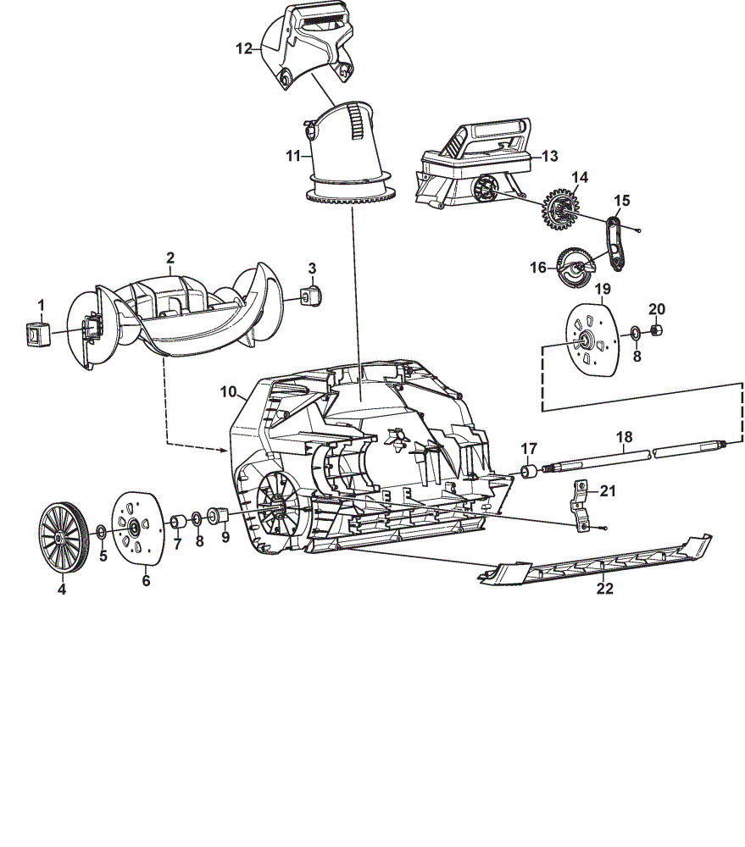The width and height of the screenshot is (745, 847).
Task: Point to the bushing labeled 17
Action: [x=528, y=470]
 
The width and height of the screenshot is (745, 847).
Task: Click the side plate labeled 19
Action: [x=592, y=340]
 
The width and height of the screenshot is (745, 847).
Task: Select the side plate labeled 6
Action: [x=137, y=529]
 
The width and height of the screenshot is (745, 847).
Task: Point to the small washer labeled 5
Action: [x=101, y=533]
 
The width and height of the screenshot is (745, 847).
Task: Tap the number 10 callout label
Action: [x=228, y=391]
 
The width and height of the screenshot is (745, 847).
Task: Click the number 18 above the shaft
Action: [x=624, y=436]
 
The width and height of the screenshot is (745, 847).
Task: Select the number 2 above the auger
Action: [x=170, y=257]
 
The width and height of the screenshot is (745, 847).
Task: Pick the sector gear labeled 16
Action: [x=575, y=267]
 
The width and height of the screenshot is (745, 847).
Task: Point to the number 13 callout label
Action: [x=549, y=156]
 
